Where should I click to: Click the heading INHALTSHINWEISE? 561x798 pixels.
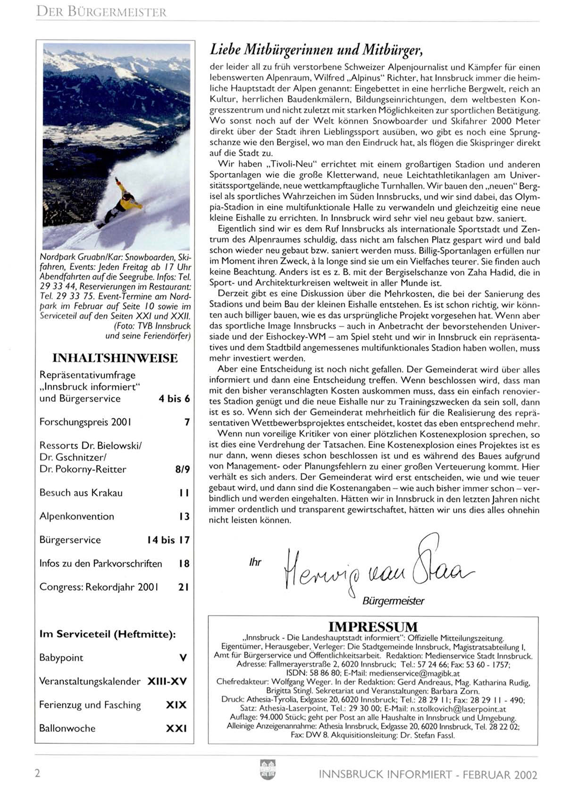pyautogui.click(x=115, y=358)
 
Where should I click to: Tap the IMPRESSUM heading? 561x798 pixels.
pyautogui.click(x=373, y=627)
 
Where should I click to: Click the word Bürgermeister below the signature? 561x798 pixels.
pyautogui.click(x=393, y=601)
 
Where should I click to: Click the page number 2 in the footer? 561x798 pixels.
pyautogui.click(x=38, y=773)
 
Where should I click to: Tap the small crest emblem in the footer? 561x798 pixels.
pyautogui.click(x=268, y=770)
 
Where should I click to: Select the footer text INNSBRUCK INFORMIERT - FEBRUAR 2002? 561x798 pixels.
pyautogui.click(x=427, y=774)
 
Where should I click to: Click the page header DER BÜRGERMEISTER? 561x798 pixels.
pyautogui.click(x=101, y=12)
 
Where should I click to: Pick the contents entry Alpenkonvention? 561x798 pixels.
pyautogui.click(x=77, y=516)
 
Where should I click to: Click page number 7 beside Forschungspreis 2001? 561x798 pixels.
pyautogui.click(x=187, y=422)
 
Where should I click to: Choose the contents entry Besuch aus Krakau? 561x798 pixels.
pyautogui.click(x=81, y=493)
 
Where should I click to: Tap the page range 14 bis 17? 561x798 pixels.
pyautogui.click(x=168, y=540)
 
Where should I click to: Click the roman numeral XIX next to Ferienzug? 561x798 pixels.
pyautogui.click(x=176, y=705)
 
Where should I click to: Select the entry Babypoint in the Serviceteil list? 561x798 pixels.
pyautogui.click(x=61, y=658)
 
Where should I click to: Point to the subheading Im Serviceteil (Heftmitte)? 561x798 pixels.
pyautogui.click(x=108, y=634)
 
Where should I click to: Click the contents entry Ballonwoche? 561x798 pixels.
pyautogui.click(x=67, y=728)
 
